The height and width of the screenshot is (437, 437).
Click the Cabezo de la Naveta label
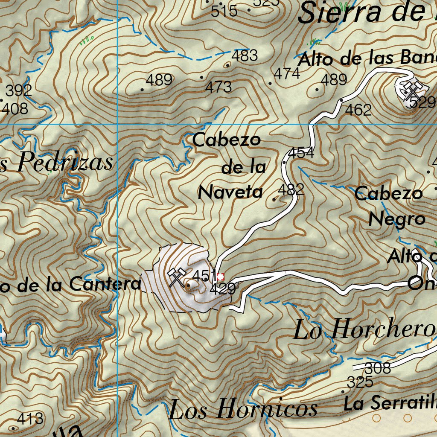(230, 166)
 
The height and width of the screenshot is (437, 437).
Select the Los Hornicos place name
(243, 410)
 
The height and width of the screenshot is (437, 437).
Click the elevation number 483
(245, 55)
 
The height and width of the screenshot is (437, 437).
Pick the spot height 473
(218, 87)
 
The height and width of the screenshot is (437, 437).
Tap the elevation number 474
(287, 74)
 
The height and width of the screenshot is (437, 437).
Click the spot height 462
(358, 110)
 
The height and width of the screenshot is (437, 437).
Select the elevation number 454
(301, 152)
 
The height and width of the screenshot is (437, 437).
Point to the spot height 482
(291, 189)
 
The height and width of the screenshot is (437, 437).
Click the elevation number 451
(203, 276)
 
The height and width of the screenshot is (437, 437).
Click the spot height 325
(360, 382)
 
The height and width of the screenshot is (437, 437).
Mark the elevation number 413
(31, 418)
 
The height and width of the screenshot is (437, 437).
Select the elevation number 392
(19, 90)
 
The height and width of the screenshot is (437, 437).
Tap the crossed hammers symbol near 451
(176, 277)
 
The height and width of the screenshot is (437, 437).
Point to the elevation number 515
(224, 11)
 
